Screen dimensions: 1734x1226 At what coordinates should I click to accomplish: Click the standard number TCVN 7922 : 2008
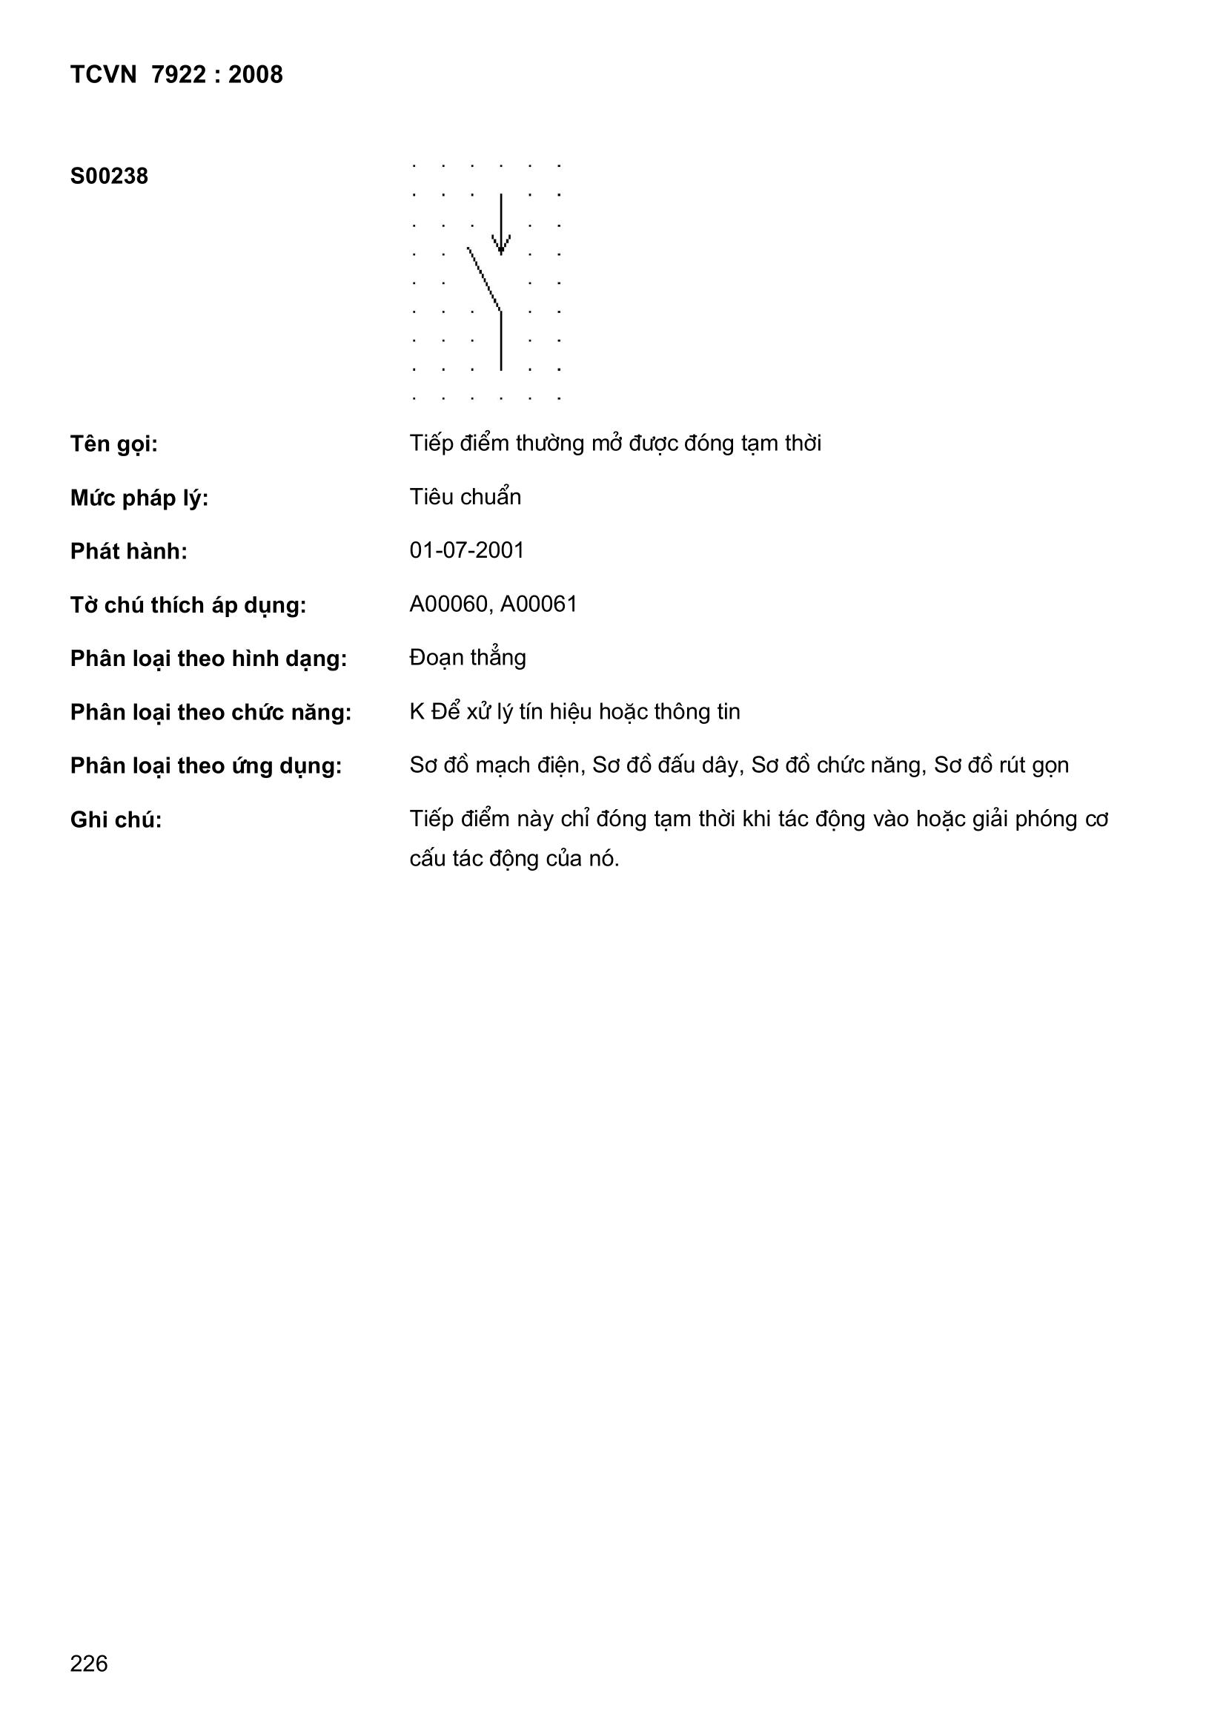176,75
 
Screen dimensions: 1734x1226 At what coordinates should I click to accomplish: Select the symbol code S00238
109,177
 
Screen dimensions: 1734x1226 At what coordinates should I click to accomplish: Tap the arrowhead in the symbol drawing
500,245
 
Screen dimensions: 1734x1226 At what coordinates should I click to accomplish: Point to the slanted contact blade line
485,279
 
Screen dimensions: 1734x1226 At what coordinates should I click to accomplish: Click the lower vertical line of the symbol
501,341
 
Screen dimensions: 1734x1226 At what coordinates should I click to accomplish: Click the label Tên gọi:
114,444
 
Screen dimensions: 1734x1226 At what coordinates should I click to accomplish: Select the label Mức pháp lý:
139,498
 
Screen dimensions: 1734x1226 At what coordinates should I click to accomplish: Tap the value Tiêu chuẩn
465,497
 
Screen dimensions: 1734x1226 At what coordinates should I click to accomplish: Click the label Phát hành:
128,552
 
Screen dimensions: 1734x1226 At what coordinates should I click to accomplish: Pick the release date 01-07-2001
466,550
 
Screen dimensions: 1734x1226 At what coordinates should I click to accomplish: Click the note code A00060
448,605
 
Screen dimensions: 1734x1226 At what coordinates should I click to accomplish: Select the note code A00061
538,605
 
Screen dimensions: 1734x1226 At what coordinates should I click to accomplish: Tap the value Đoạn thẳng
467,658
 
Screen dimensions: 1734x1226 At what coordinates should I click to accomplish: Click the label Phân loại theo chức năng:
211,713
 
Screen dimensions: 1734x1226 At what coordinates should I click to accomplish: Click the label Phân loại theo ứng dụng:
206,767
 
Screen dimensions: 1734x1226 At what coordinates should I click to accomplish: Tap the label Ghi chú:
116,820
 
